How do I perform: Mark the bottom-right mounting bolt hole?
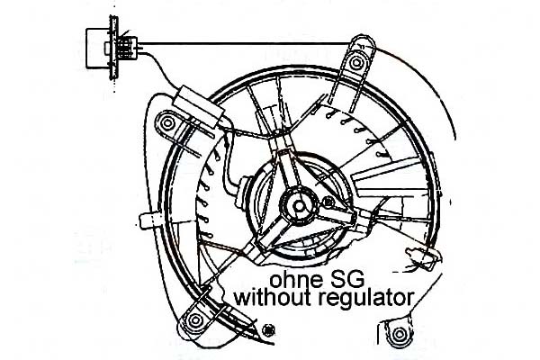pos(397,336)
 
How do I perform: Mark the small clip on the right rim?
pos(419,264)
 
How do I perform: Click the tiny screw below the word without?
pos(271,330)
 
